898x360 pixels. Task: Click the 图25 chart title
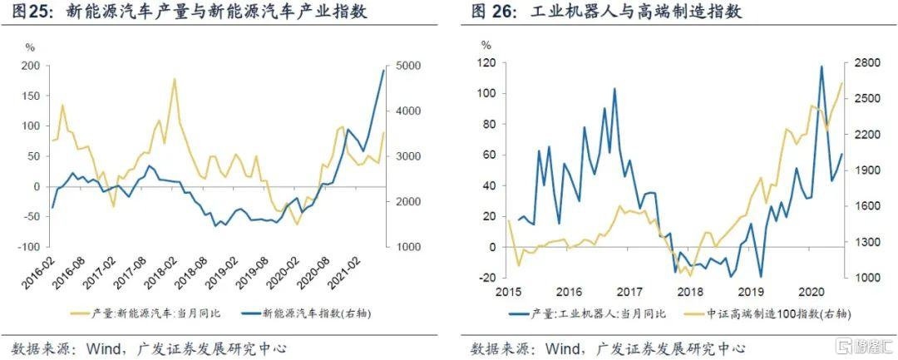(x=190, y=13)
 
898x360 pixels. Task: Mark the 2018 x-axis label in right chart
(x=690, y=292)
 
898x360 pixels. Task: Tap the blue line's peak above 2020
(x=822, y=67)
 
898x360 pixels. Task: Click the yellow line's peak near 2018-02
(x=175, y=79)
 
